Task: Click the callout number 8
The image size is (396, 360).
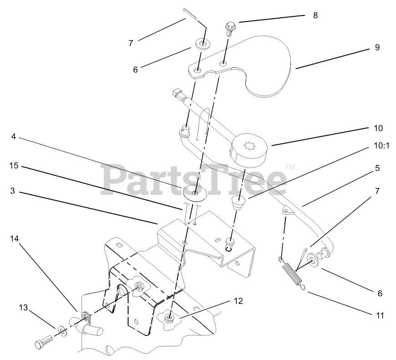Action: click(x=315, y=15)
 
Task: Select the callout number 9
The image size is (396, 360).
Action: click(x=377, y=47)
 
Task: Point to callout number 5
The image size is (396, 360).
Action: click(x=377, y=168)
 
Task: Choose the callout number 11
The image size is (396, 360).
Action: click(x=380, y=315)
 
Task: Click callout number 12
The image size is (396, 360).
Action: click(x=239, y=301)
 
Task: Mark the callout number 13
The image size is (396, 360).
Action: click(x=23, y=308)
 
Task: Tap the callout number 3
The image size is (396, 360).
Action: click(x=13, y=191)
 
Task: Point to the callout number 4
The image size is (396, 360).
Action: click(x=14, y=136)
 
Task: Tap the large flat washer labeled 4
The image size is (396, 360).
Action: click(x=195, y=193)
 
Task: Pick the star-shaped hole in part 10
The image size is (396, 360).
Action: click(x=249, y=148)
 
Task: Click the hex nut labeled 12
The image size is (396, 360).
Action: click(x=170, y=315)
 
